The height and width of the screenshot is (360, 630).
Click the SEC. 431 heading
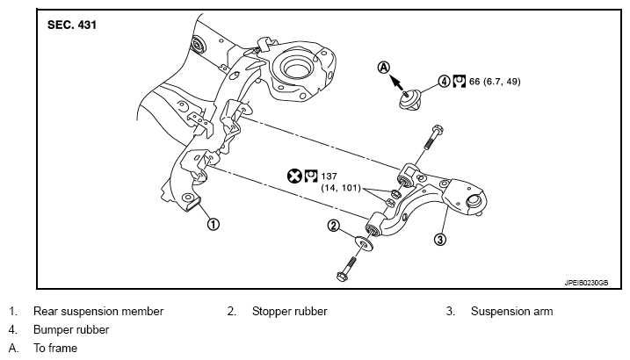(72, 25)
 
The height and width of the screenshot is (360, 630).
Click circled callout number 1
(214, 224)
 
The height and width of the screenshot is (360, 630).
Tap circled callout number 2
(334, 226)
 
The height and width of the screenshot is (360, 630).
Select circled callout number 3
(440, 240)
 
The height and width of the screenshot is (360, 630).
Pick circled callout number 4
(444, 82)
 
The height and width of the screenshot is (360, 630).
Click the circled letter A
(384, 68)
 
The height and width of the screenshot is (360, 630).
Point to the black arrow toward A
(396, 83)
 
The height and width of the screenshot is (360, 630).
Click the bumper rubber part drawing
(410, 99)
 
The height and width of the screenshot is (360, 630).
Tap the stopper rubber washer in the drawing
(364, 243)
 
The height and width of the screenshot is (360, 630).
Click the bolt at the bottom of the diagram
(347, 268)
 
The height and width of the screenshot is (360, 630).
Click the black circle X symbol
(294, 176)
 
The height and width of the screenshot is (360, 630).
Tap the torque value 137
(329, 176)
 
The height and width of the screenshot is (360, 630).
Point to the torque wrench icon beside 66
(459, 82)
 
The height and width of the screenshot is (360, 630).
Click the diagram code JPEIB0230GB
(586, 283)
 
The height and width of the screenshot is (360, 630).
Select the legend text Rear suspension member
(98, 312)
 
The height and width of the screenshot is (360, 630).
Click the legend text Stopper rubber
(290, 312)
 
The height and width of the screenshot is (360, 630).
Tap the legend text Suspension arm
(512, 312)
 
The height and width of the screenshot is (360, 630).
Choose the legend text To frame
(55, 348)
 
